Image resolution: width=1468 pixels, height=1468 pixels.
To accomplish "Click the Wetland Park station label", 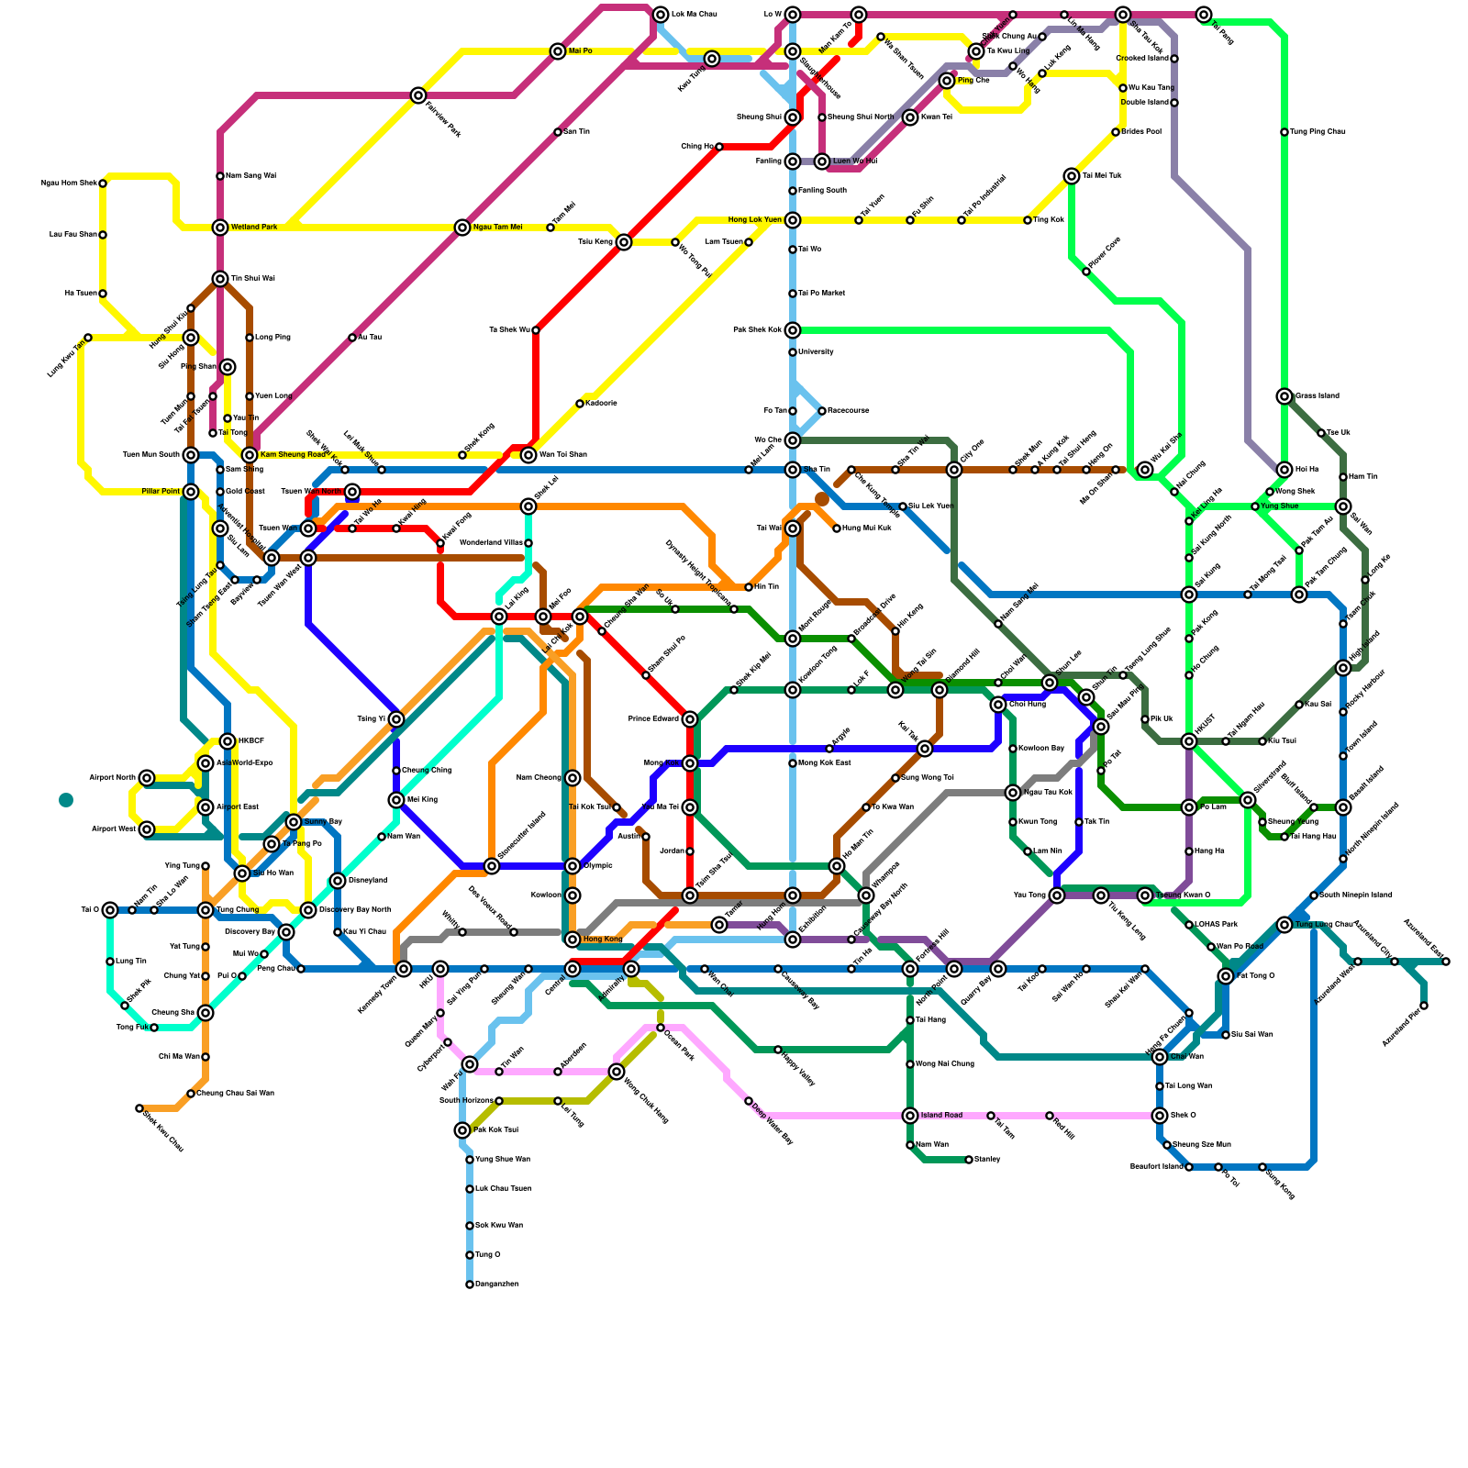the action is pos(253,228).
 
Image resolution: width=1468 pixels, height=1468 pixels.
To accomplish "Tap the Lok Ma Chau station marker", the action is pos(661,15).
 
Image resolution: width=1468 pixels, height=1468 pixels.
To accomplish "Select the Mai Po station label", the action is pos(580,51).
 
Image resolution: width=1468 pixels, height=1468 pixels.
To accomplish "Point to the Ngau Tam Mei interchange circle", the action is pos(462,228).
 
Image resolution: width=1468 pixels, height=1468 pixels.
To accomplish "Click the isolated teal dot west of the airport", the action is pos(66,800).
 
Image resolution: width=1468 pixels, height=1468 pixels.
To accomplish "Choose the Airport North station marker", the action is pos(147,778).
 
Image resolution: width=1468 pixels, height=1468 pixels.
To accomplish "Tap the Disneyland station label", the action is pos(367,881).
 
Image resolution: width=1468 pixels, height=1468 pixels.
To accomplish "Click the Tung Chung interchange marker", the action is pos(206,910).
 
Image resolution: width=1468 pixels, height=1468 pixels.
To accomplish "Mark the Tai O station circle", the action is pos(110,910).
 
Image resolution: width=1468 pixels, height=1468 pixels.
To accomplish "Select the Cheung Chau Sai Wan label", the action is pos(235,1094).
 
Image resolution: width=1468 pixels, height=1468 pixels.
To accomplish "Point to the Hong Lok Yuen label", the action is pos(755,220).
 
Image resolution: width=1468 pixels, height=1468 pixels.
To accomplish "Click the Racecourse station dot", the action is pos(822,411).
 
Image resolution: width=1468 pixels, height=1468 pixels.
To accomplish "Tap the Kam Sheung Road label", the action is pos(293,455).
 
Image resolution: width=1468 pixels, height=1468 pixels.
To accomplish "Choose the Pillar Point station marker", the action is pos(191,492).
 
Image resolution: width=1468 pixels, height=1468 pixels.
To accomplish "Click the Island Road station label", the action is pos(941,1116).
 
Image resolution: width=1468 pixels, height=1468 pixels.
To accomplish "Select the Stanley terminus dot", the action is pos(969,1160).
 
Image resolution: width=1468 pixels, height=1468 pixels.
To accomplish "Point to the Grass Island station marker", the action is pos(1284,396).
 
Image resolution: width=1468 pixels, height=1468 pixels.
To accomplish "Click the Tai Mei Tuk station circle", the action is pos(1072,176).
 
